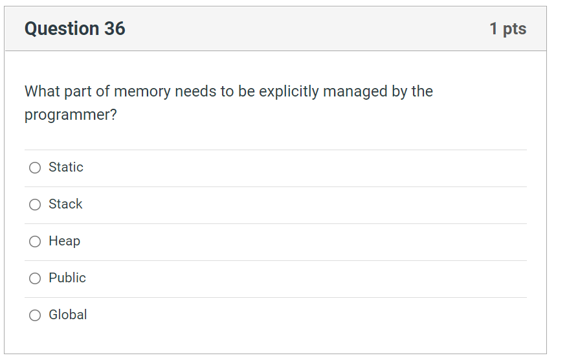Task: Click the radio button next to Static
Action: coord(35,168)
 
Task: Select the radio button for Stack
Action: coord(35,205)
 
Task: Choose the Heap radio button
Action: coord(35,242)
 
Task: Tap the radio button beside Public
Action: coord(35,278)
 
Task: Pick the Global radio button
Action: coord(35,315)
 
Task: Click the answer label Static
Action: coord(66,167)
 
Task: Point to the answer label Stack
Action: coord(65,204)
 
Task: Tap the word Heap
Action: coord(65,241)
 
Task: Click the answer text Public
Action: coord(67,278)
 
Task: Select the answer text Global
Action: coord(68,315)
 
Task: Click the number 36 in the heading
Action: coord(114,28)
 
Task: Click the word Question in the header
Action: coord(61,28)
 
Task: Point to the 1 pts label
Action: coord(508,28)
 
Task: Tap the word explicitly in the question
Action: coord(289,91)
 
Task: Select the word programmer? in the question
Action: coord(71,115)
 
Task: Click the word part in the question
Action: coord(78,91)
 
